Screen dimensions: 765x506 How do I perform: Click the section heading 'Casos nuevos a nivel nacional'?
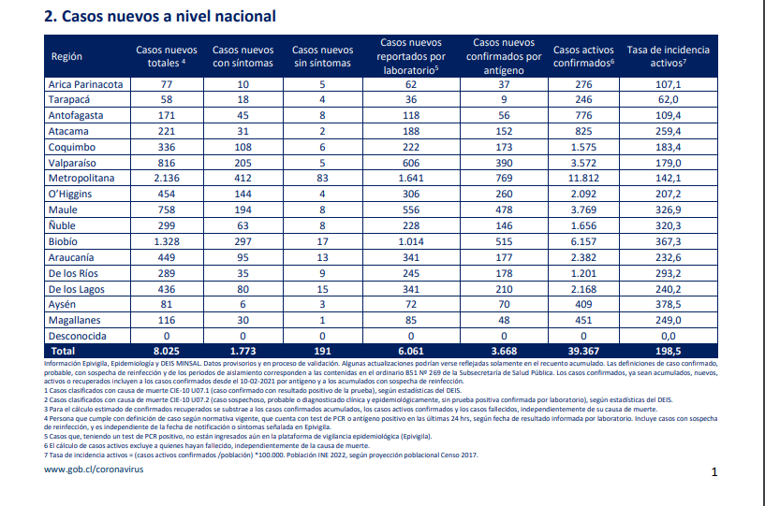[x=169, y=16]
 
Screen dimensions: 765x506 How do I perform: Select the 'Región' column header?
[x=66, y=56]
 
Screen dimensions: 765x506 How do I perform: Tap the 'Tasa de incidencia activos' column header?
[x=668, y=56]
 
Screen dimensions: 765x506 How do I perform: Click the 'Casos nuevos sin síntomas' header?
[x=322, y=56]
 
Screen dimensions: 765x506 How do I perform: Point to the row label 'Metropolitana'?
[x=81, y=178]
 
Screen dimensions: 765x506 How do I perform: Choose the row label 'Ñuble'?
[x=62, y=225]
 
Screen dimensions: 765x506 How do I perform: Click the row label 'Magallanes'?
[x=74, y=320]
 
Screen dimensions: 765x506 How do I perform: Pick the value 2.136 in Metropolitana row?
[x=167, y=178]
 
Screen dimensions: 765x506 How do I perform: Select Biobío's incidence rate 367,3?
[x=668, y=241]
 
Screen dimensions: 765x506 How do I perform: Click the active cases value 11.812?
[x=583, y=178]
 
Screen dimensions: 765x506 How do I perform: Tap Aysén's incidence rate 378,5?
[x=668, y=304]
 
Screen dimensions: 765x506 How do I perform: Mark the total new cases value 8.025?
[x=167, y=351]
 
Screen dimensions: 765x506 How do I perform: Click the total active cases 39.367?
[x=583, y=351]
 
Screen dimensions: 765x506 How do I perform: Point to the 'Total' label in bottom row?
[x=63, y=351]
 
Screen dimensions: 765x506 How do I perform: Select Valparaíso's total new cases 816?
[x=167, y=163]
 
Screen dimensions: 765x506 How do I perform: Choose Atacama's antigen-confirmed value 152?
[x=504, y=131]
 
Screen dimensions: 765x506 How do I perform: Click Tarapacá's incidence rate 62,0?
[x=668, y=99]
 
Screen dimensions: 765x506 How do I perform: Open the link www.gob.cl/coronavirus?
[x=94, y=470]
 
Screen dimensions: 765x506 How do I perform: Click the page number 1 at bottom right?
[x=714, y=472]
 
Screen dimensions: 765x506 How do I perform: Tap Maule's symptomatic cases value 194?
[x=243, y=210]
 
